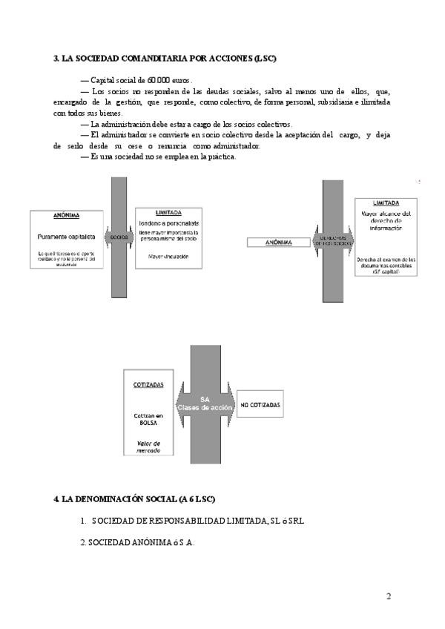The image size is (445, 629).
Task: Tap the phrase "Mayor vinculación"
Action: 168,257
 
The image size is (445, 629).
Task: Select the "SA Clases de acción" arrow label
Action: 195,404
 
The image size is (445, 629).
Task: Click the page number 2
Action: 389,596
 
